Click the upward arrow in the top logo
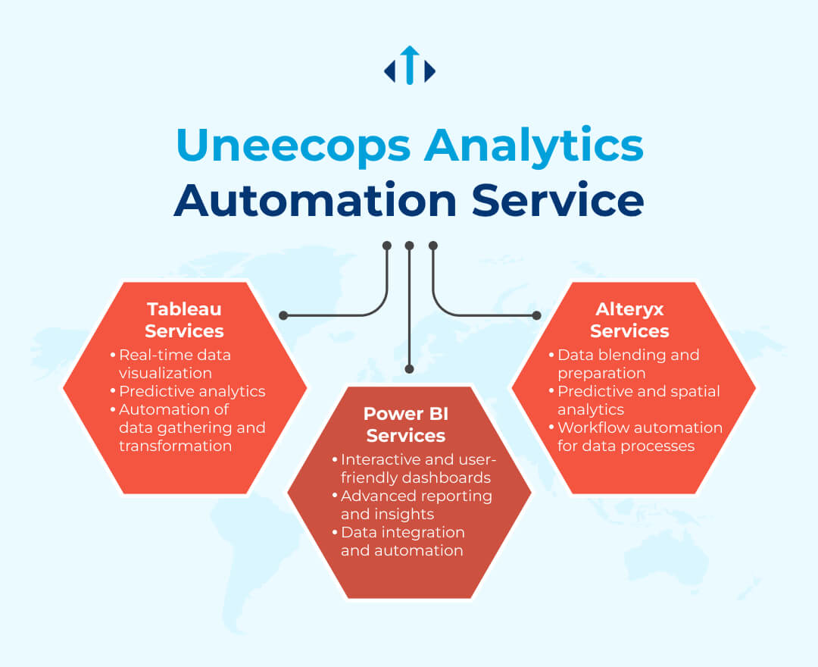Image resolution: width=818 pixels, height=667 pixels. (410, 64)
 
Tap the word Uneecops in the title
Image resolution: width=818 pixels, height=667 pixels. (294, 146)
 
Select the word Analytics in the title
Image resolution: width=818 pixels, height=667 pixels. (534, 146)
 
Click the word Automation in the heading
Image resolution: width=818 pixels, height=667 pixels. (316, 200)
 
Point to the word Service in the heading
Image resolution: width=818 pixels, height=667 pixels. (557, 200)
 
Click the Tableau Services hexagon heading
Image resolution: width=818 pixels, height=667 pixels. (184, 320)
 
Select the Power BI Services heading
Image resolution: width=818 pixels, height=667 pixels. (406, 424)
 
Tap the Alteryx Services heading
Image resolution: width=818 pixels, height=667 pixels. (629, 320)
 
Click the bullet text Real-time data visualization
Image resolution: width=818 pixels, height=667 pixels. (171, 364)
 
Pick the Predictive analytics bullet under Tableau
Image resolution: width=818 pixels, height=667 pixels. (188, 391)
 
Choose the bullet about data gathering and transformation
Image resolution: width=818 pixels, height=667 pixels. (188, 427)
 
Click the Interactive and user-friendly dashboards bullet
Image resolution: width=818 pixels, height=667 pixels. (414, 468)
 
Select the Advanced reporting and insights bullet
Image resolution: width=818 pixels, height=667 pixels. (412, 505)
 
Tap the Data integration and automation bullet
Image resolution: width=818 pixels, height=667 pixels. (398, 541)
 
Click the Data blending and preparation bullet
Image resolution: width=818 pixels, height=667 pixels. (624, 364)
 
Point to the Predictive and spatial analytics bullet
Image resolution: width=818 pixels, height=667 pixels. (635, 400)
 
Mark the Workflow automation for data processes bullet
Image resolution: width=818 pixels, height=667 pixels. (635, 437)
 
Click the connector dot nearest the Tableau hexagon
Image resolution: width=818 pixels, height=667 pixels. (283, 315)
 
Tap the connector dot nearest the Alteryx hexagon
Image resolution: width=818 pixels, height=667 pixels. (536, 315)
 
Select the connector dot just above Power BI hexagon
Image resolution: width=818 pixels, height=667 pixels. (410, 369)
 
